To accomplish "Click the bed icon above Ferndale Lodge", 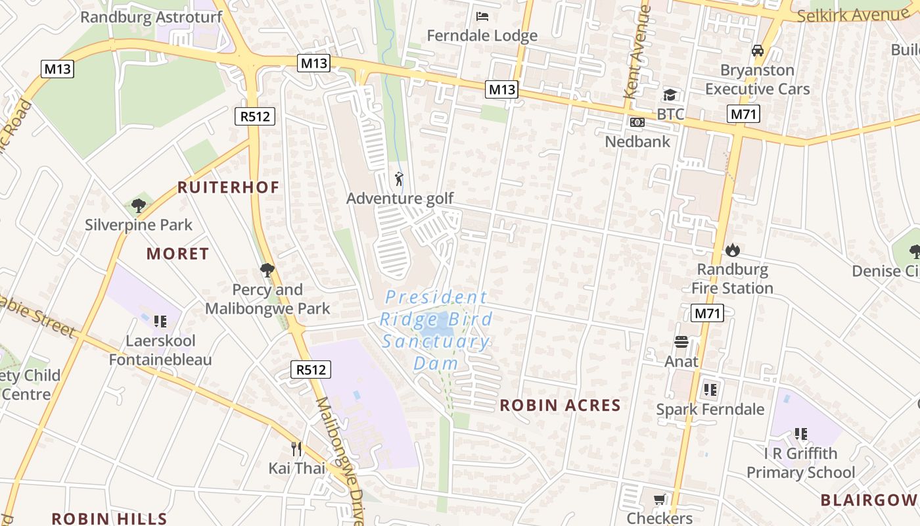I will point(482,16).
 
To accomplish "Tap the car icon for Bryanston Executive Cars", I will point(757,51).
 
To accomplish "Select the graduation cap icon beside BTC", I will point(670,95).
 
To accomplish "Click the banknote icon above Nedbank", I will point(637,122).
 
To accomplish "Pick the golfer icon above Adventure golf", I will point(399,179).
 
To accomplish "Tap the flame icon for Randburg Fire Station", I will point(732,251).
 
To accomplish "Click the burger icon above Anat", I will point(681,342).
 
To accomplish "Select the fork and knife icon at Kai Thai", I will point(296,449).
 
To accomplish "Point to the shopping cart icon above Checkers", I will point(659,500).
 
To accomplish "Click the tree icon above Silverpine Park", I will point(138,206).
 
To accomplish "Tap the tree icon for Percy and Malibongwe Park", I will point(267,270).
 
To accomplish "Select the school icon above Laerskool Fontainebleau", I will point(160,322).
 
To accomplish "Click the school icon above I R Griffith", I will point(800,434).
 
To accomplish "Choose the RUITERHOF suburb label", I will point(228,187).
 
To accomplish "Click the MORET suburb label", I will point(177,254).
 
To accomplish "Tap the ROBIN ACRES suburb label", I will point(560,405).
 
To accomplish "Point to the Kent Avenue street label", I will point(636,53).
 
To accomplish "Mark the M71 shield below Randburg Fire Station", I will point(707,313).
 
